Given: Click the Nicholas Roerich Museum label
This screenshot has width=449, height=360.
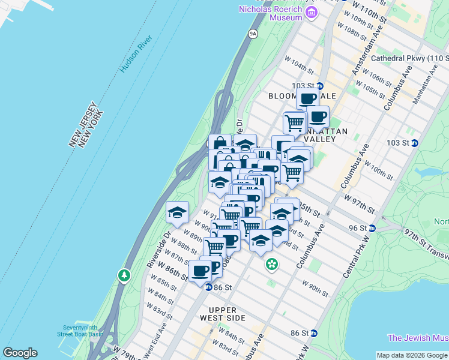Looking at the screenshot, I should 270,13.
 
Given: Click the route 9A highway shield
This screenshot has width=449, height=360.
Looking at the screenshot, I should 253,34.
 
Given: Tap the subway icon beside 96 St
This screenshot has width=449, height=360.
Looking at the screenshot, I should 372,228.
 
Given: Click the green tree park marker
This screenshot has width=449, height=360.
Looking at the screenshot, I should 124,275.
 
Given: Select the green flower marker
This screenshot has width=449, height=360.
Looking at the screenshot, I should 272,263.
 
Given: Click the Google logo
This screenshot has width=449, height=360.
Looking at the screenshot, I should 20,353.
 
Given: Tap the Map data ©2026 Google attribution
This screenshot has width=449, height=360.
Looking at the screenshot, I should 412,355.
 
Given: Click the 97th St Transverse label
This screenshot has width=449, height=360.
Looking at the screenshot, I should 426,242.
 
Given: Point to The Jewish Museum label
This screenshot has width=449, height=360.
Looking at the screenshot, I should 418,338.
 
